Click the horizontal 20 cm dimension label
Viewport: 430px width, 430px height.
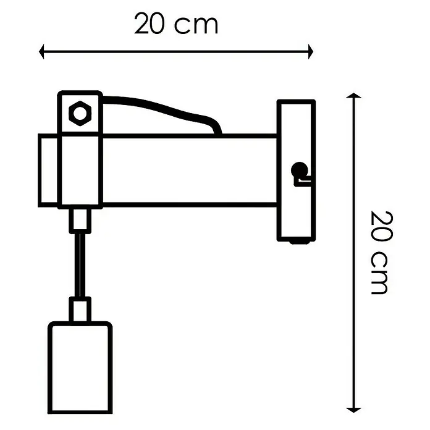tap(176, 24)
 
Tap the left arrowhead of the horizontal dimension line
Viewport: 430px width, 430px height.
tap(41, 51)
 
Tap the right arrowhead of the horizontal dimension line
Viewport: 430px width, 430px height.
tap(310, 51)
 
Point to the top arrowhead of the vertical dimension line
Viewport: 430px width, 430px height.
tap(353, 95)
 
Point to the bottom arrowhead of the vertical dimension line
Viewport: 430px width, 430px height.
tap(353, 410)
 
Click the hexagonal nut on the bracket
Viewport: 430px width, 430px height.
tap(80, 113)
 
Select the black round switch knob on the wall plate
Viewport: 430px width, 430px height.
tap(299, 170)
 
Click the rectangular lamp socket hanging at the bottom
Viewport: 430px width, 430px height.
tap(80, 368)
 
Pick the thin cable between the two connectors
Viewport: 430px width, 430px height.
tap(80, 265)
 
